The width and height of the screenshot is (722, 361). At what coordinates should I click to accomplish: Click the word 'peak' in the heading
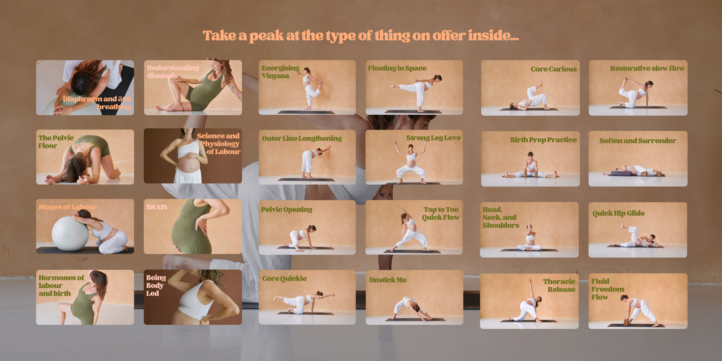click(267, 36)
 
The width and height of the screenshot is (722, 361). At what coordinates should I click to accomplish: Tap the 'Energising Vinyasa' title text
click(280, 72)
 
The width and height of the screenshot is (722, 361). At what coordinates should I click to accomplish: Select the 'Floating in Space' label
click(397, 68)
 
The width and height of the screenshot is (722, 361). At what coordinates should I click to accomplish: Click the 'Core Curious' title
click(554, 69)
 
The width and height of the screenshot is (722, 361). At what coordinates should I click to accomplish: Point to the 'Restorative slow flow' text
click(647, 68)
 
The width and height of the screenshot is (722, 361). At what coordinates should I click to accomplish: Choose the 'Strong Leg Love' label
click(433, 138)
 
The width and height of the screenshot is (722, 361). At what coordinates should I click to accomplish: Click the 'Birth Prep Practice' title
click(543, 140)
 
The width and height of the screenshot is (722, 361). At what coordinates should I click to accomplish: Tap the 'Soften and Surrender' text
click(638, 141)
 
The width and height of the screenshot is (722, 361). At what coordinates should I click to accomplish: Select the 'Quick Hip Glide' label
click(618, 213)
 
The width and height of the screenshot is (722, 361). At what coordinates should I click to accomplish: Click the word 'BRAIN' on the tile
click(157, 207)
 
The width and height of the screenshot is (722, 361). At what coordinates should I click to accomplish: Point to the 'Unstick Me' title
click(388, 280)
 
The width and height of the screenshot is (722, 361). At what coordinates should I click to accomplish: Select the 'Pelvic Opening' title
click(287, 210)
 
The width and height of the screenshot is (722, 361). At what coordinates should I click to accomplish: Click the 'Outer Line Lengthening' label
click(302, 138)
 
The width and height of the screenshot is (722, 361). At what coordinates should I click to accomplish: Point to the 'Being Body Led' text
click(156, 285)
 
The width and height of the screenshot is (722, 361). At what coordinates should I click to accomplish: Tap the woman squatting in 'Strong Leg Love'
click(411, 163)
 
